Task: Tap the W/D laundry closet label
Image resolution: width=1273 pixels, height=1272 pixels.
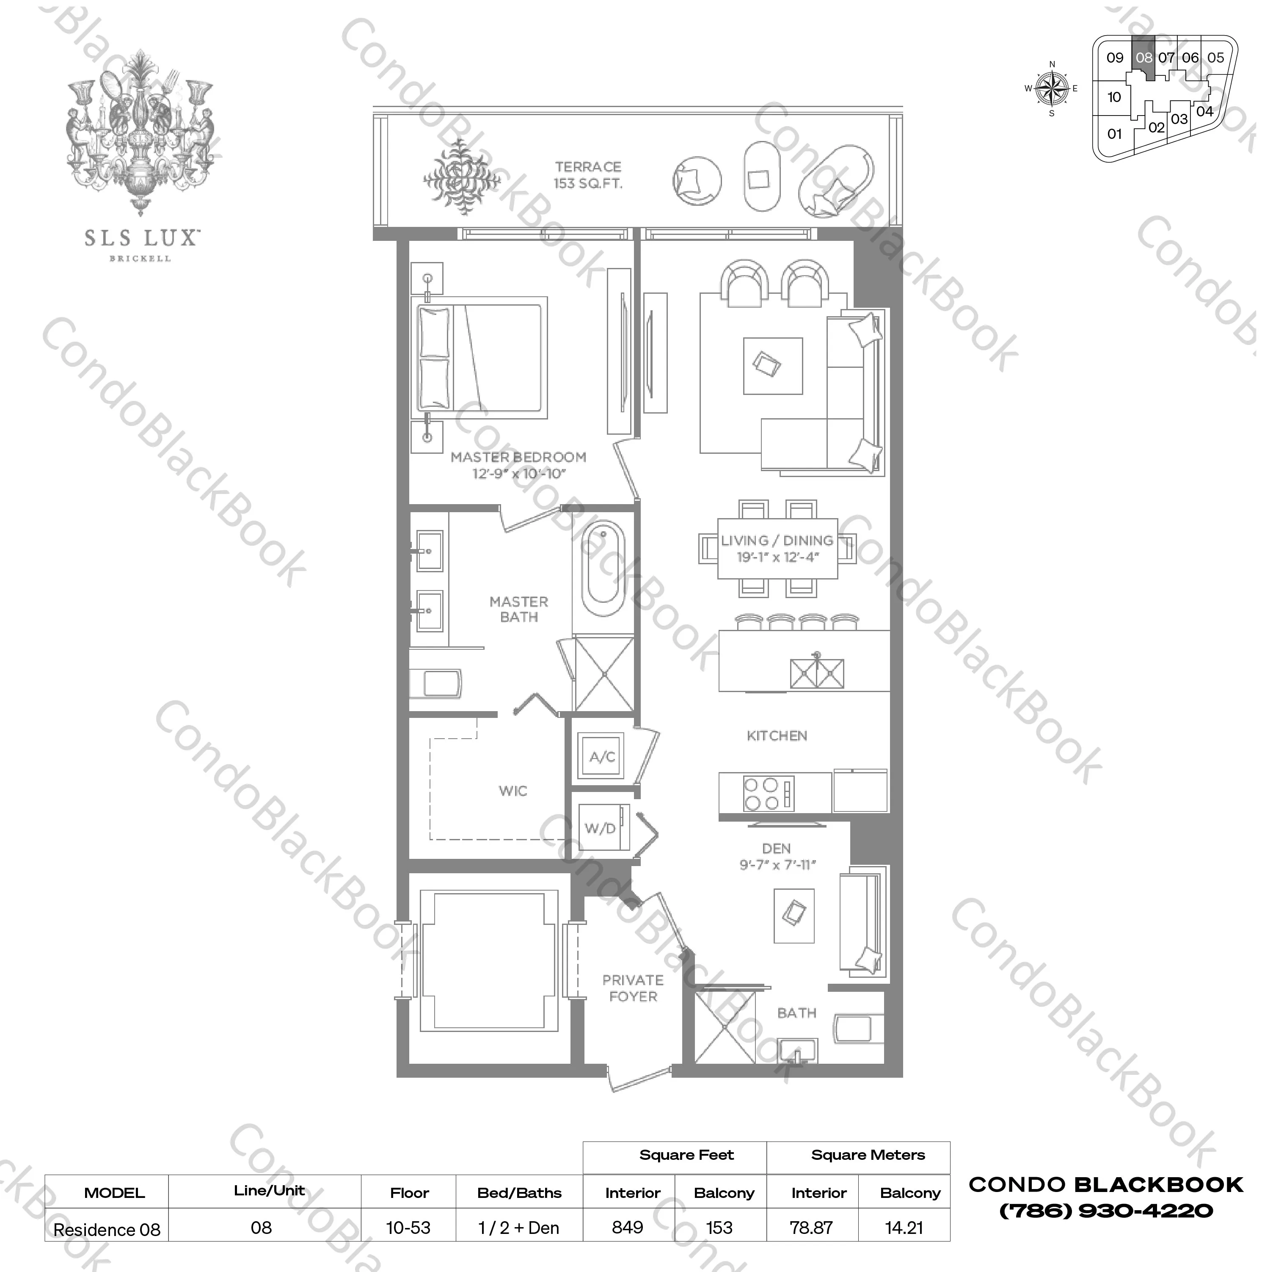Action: [600, 828]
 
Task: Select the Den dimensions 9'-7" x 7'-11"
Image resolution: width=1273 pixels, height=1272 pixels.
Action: [777, 865]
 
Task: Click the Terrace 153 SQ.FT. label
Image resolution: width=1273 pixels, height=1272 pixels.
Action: [588, 175]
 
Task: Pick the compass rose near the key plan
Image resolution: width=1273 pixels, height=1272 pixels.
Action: [1052, 88]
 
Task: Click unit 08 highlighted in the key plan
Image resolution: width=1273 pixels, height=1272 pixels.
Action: [1144, 58]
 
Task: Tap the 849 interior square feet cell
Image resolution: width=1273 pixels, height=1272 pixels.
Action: [627, 1227]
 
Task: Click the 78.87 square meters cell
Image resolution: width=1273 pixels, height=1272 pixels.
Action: [812, 1227]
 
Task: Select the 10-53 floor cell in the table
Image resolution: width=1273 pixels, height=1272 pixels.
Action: [408, 1227]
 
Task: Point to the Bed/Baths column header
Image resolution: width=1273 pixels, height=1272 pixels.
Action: [519, 1193]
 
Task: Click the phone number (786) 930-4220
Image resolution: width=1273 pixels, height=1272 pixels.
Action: [1106, 1211]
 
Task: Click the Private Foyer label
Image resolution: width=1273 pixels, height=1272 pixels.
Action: [633, 988]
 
